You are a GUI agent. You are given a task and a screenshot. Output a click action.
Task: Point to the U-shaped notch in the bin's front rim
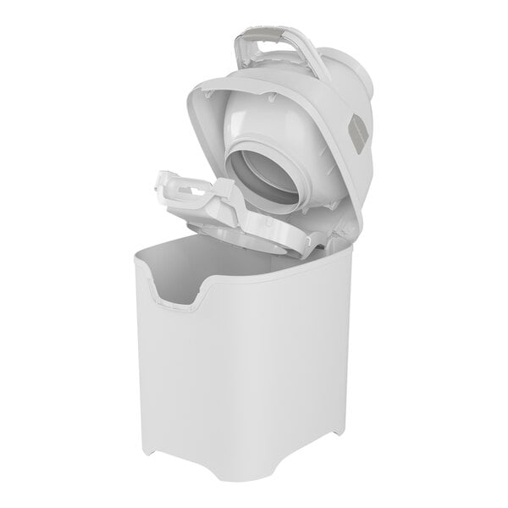pos(179,295)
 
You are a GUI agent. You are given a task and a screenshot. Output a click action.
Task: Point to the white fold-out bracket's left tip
pos(160,178)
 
